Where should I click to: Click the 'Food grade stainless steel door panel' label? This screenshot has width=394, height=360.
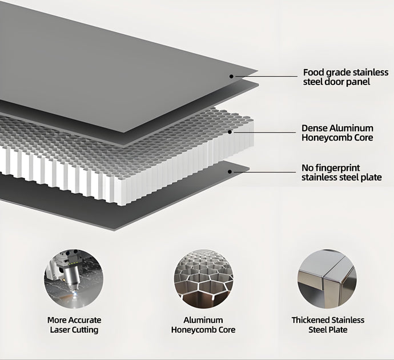pyautogui.click(x=345, y=77)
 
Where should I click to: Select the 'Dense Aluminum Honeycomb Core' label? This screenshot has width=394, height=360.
pyautogui.click(x=337, y=133)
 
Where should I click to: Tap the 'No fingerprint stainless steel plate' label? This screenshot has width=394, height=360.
pyautogui.click(x=341, y=173)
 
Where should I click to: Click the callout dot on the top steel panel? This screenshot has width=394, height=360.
pyautogui.click(x=231, y=75)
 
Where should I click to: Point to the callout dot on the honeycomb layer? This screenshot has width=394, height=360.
pyautogui.click(x=230, y=132)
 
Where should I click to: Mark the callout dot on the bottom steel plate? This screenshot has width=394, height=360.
pyautogui.click(x=230, y=171)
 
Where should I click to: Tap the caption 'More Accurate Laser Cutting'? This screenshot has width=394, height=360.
pyautogui.click(x=74, y=325)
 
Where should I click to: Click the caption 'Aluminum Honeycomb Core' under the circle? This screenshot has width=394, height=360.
pyautogui.click(x=203, y=325)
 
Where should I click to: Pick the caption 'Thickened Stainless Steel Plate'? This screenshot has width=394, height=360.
pyautogui.click(x=328, y=325)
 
